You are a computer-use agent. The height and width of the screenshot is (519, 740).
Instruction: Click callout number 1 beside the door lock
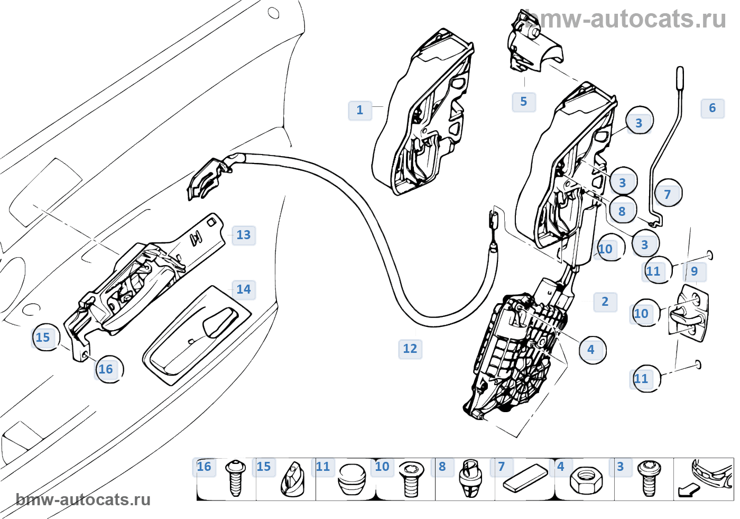360,110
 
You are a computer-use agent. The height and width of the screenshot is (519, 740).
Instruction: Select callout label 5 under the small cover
523,102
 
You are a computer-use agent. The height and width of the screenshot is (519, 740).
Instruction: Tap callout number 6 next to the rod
712,108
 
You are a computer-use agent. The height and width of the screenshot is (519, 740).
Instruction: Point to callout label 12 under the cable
410,349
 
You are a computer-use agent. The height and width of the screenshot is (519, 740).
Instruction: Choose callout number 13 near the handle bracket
243,235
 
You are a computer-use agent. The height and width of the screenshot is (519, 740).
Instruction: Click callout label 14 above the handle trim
243,289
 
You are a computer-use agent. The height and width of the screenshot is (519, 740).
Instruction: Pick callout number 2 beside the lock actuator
605,302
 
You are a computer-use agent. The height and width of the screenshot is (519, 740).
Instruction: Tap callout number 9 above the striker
694,271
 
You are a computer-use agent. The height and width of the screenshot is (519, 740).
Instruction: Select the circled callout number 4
591,350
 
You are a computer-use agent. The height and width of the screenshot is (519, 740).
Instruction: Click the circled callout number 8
622,212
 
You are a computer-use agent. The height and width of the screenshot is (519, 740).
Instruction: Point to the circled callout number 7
668,194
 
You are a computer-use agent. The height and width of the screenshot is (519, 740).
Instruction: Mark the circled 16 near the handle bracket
107,369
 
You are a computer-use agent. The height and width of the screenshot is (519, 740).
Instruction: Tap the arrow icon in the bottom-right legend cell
688,490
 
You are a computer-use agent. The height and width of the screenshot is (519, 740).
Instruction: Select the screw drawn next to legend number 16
235,478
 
